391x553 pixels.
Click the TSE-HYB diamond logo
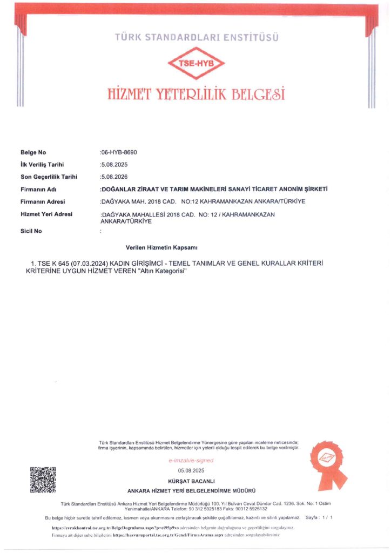(195, 63)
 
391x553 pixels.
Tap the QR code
(43, 480)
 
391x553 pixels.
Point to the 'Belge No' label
(33, 153)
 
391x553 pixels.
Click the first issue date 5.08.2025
(114, 165)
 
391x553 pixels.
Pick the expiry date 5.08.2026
(114, 177)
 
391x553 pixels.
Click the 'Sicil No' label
(31, 231)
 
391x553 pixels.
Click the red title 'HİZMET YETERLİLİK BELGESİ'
(195, 94)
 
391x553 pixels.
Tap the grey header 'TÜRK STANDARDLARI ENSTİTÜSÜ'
(195, 38)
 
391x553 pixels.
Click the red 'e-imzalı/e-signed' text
(191, 461)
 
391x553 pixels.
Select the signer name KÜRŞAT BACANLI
(191, 481)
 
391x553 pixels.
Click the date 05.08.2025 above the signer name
(191, 471)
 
